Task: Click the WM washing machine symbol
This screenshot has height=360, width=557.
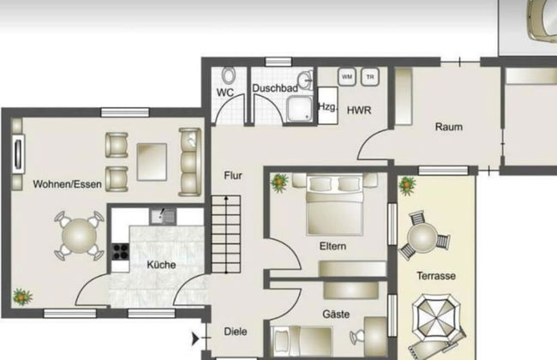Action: pos(347,77)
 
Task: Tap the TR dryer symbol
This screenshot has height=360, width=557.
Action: pos(370,77)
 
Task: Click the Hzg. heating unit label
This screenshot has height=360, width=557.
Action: pos(327,106)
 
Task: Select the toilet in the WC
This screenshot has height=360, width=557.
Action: pos(229,75)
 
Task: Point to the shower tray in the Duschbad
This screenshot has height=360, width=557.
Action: pos(301,109)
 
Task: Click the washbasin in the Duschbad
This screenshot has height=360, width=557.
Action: pos(306,81)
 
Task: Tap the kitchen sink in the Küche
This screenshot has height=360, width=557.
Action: pos(163,216)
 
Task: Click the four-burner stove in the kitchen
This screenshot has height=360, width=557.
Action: pos(121,252)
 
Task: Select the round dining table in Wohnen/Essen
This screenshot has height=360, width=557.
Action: pos(79,236)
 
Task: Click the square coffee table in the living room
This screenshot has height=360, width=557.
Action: pos(152,162)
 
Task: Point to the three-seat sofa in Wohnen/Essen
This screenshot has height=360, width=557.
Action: pos(189,162)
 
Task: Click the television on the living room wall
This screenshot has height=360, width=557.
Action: pos(18,154)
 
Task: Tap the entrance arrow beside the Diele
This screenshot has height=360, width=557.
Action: pos(195,339)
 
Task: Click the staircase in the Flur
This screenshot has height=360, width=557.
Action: pos(226,234)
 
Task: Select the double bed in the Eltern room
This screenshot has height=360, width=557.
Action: pos(334,205)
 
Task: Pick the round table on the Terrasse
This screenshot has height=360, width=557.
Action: pos(422,237)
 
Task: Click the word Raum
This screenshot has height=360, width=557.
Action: pos(449,127)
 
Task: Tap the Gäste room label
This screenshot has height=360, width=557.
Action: pos(336,315)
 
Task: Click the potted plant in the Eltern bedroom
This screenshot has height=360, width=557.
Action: pos(279,183)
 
